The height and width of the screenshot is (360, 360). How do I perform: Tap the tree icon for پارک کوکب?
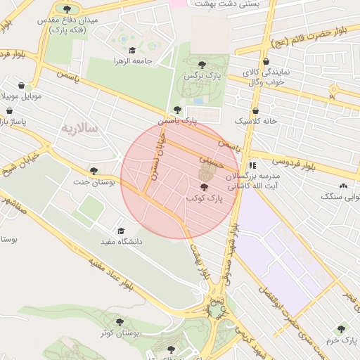[204, 187]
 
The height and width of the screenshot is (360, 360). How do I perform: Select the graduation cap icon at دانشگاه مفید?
[120, 230]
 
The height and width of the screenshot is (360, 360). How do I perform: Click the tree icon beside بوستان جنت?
[94, 170]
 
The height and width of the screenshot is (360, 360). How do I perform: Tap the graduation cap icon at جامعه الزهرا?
[132, 50]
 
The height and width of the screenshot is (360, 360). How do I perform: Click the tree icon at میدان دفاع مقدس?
[67, 9]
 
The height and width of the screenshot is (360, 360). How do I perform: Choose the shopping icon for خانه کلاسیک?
[255, 110]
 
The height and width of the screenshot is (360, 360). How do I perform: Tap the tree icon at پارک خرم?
[341, 328]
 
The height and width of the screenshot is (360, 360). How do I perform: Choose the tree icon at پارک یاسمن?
[177, 110]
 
